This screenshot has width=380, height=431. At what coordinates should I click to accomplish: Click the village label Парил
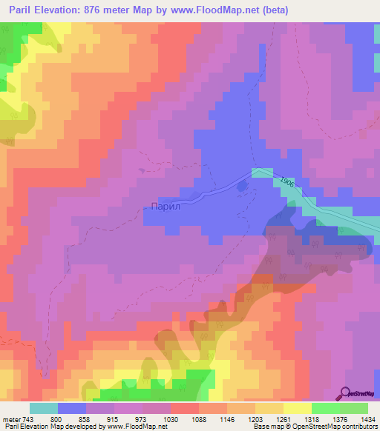pyautogui.click(x=166, y=207)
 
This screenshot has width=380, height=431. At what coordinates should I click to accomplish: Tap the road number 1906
pyautogui.click(x=289, y=181)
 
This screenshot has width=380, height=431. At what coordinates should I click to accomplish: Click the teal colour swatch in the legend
pyautogui.click(x=44, y=408)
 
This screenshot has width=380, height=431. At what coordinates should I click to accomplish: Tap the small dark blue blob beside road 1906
pyautogui.click(x=241, y=187)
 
